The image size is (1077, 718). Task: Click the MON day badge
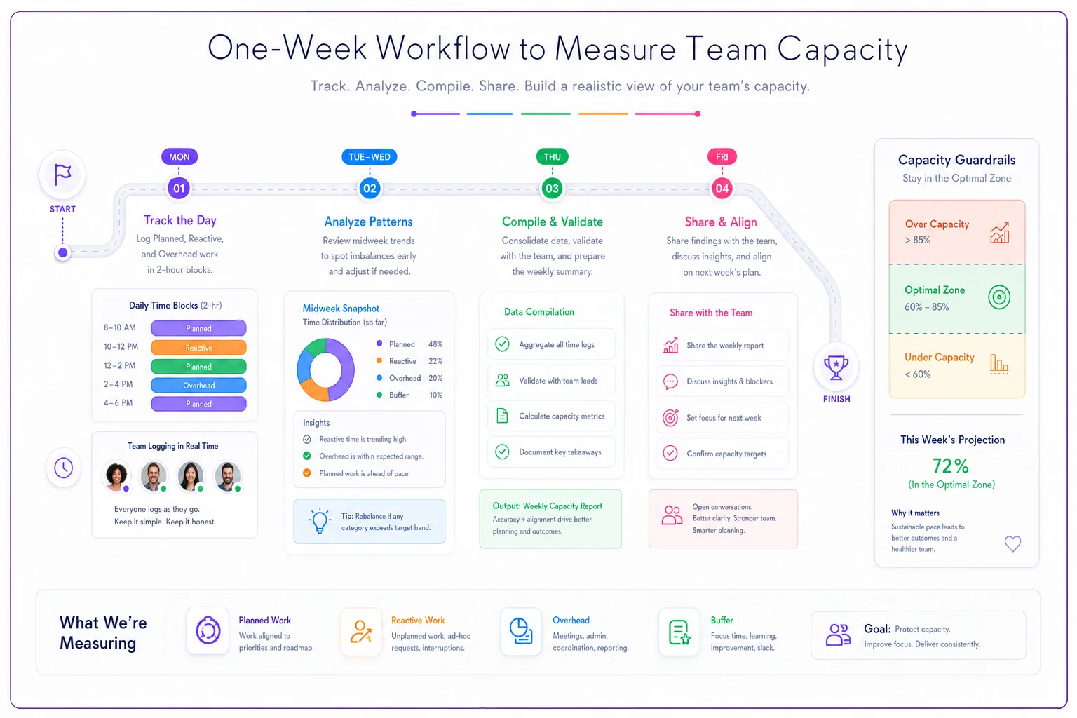coord(179,157)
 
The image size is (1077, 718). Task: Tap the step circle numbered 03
coord(552,188)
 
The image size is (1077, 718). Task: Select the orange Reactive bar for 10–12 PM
coord(198,347)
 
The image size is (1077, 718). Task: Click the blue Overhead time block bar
coord(198,385)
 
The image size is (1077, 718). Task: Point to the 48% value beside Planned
coord(435,344)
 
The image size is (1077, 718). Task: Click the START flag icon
coord(62,175)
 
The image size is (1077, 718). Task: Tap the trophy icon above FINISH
coord(836,367)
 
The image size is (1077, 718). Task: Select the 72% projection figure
coord(951,466)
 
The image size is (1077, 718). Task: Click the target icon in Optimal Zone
coord(999,297)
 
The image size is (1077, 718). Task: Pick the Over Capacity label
coord(937,224)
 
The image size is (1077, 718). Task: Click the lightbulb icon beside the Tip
coord(319,520)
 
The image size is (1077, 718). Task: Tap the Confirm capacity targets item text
coord(726,454)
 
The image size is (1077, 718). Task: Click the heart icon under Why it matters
coord(1012,543)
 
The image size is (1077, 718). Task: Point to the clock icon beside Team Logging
coord(64,468)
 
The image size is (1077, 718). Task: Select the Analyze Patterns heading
coord(368,222)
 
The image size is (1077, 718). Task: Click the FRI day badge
coord(722,157)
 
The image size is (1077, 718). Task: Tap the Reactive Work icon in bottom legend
coord(360,632)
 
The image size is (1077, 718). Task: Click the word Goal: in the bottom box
coord(877,629)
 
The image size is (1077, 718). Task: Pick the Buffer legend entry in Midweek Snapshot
coord(409,395)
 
